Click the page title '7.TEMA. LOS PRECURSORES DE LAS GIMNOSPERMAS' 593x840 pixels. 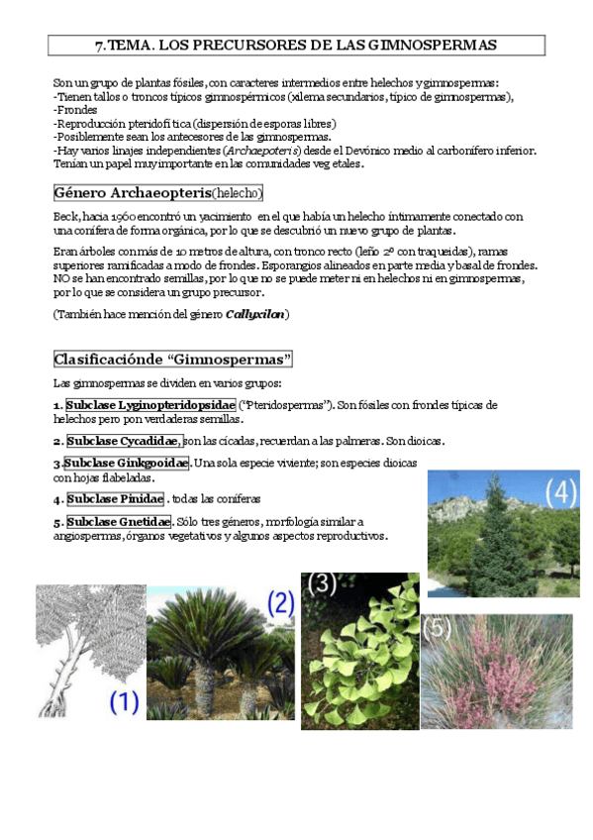click(x=296, y=46)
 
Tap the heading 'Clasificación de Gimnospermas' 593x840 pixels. click(x=172, y=359)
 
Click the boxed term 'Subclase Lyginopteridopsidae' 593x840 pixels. click(x=150, y=405)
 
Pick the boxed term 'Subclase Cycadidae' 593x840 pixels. click(x=124, y=441)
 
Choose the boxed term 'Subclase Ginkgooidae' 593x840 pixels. click(x=126, y=464)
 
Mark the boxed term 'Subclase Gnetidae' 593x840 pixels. click(x=118, y=522)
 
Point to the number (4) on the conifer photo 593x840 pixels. click(x=559, y=491)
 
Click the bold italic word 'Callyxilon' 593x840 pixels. click(x=255, y=314)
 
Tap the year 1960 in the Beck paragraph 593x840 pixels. click(x=125, y=216)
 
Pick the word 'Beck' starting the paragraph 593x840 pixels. click(x=65, y=216)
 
